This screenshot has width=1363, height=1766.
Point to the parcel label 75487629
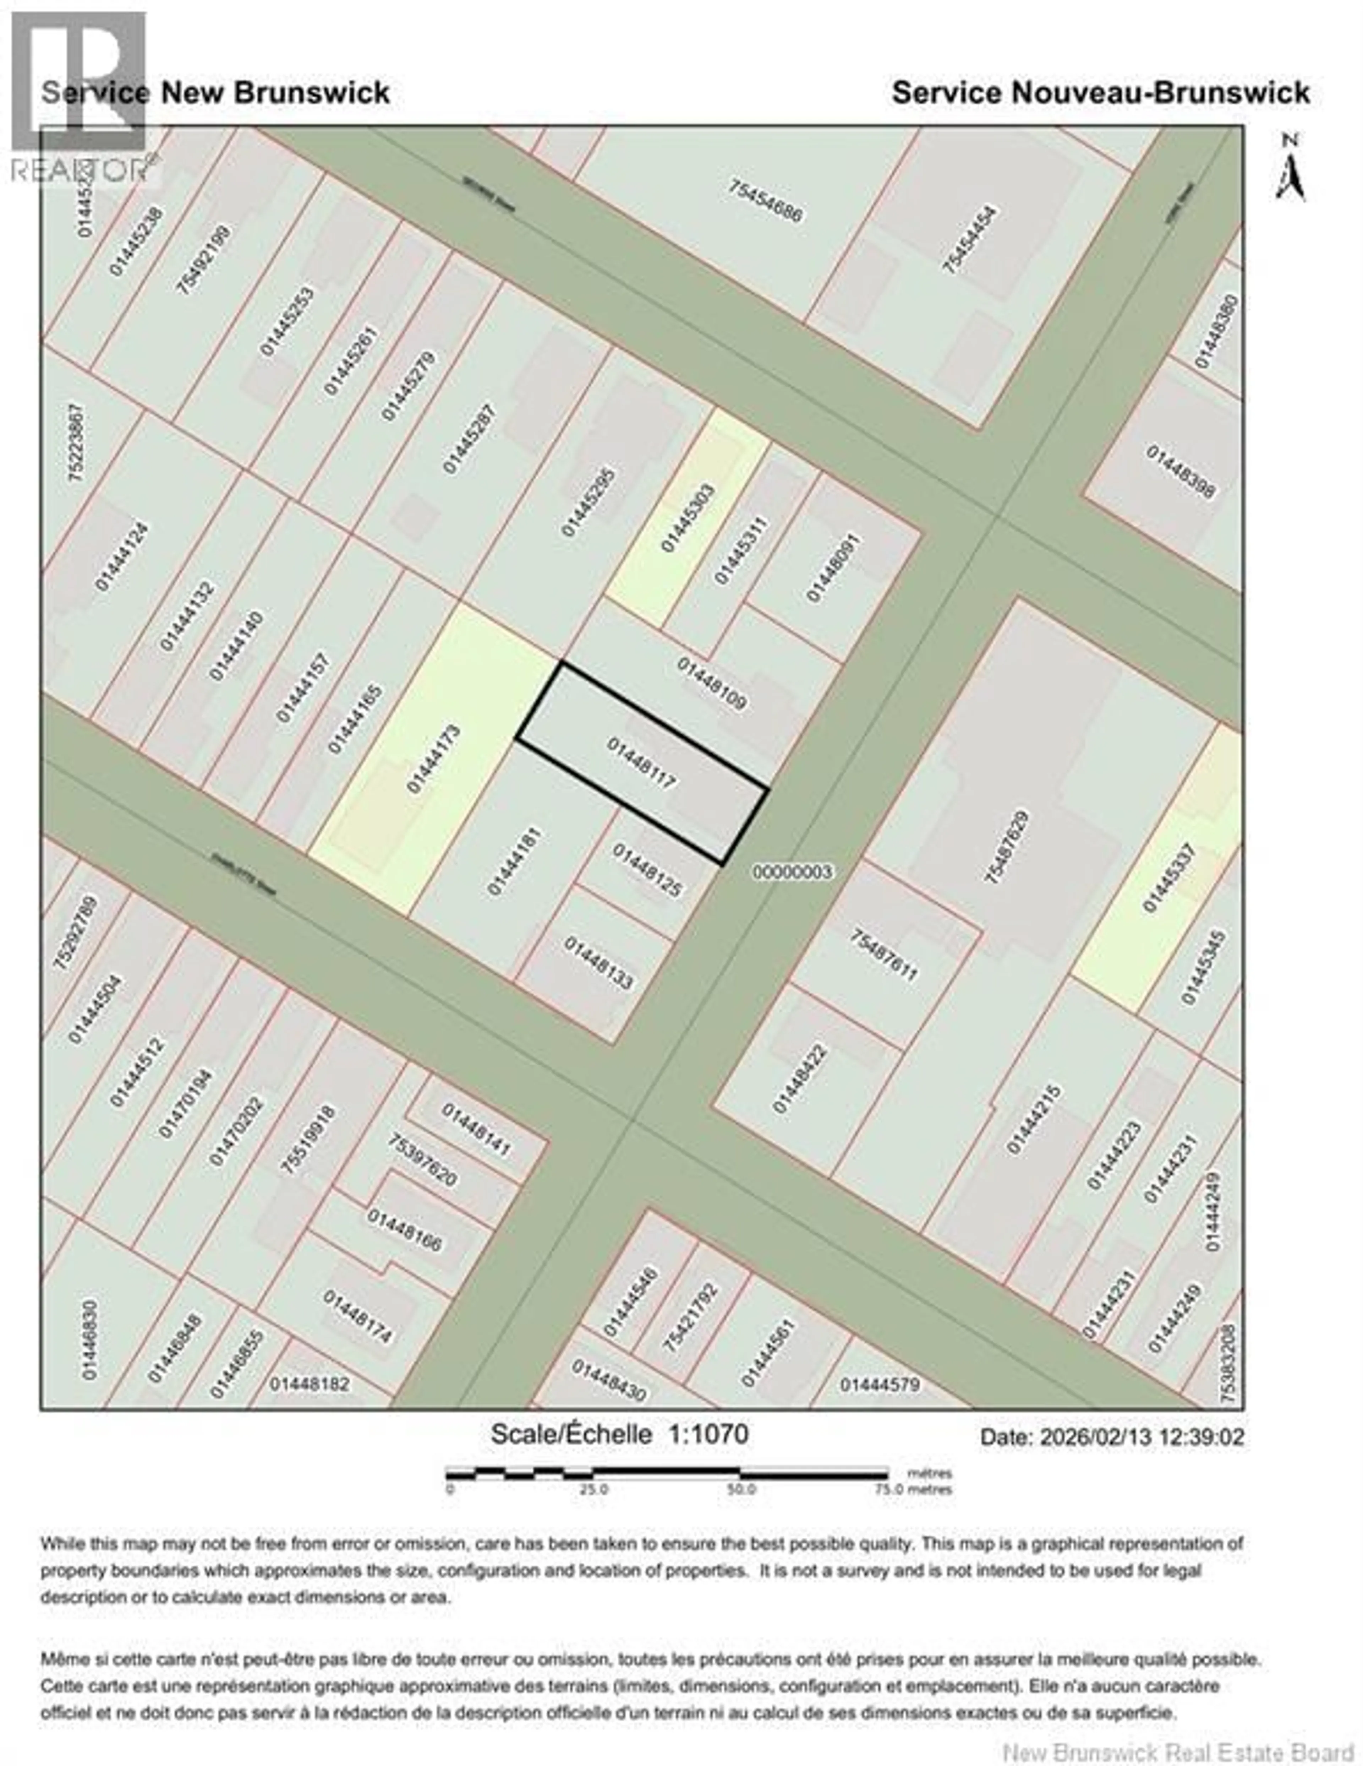click(x=1007, y=847)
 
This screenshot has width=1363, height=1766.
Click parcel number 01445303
click(x=688, y=518)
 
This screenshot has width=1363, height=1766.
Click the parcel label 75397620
click(x=422, y=1161)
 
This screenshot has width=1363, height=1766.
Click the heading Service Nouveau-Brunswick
click(x=1100, y=92)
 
